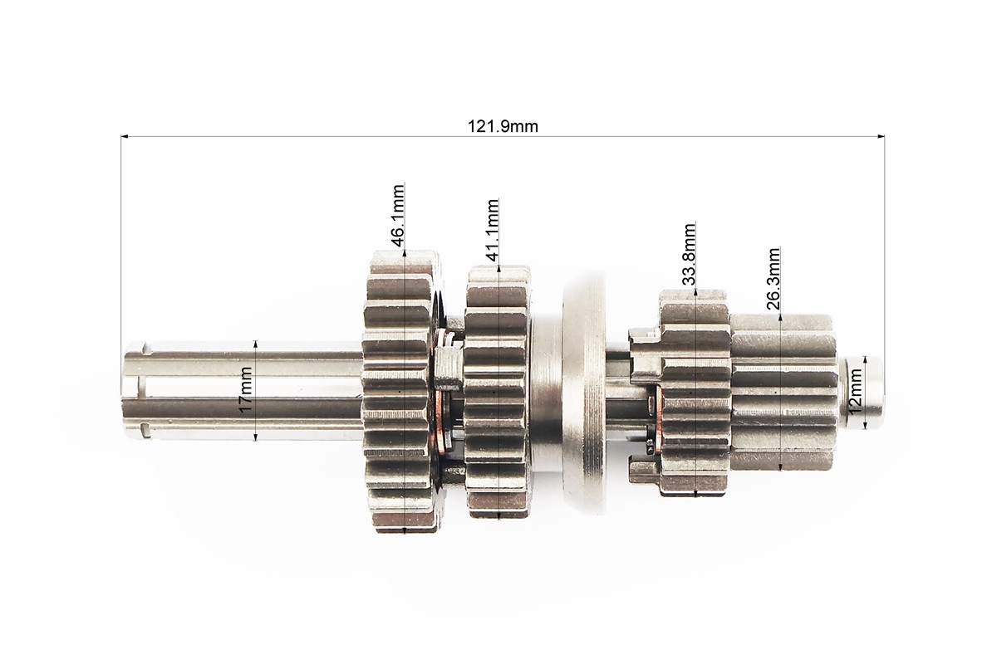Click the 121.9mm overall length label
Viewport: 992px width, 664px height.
tap(503, 126)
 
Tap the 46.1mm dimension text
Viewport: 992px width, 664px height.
tap(396, 215)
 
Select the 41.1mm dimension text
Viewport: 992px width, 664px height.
tap(492, 231)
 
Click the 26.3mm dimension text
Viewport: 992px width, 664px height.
tap(773, 279)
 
